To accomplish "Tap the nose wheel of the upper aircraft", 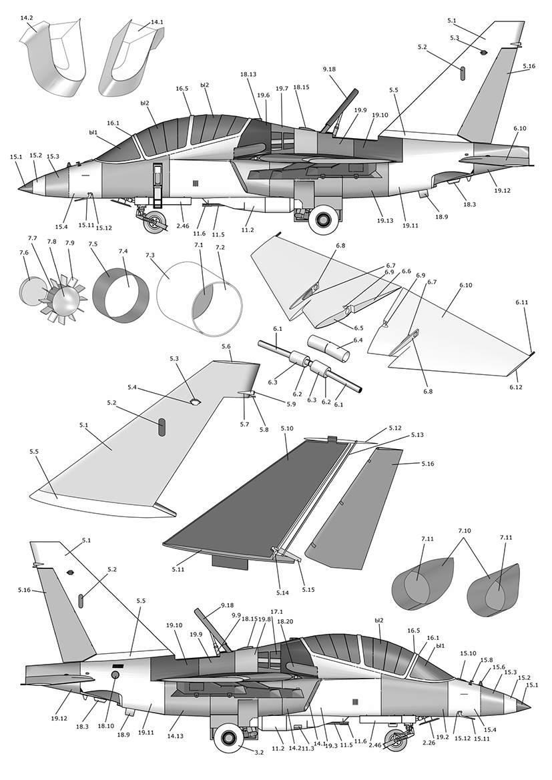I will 156,222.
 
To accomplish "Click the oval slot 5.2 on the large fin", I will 162,428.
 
